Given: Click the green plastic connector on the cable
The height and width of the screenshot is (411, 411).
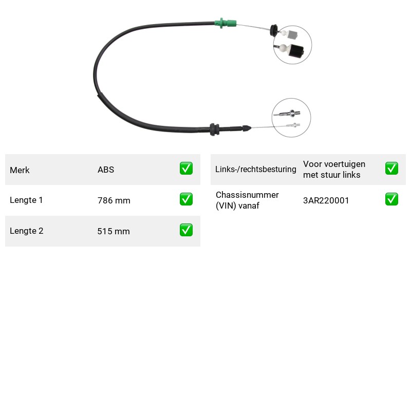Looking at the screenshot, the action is point(225,23).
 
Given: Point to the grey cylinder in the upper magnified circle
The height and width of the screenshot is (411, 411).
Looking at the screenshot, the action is point(293,34).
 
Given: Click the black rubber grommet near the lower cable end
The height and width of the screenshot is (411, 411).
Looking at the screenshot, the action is point(214,129).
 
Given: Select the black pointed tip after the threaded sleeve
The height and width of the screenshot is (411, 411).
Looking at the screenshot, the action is point(247,128).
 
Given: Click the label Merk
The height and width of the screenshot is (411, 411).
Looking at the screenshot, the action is point(20,170).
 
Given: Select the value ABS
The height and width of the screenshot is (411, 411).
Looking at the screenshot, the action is point(106,170).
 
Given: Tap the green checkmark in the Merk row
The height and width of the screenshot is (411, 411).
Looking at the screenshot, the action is point(186,169).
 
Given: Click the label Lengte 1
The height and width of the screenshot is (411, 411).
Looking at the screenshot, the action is point(26,200).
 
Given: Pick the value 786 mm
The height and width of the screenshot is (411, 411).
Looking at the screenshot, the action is point(114,200).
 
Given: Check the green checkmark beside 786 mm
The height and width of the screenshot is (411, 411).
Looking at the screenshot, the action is point(186,199).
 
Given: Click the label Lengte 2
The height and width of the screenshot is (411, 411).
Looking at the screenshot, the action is point(27,231).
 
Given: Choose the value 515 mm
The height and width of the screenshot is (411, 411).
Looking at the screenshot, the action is point(114,231).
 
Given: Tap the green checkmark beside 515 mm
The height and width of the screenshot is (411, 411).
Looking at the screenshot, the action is point(186,230).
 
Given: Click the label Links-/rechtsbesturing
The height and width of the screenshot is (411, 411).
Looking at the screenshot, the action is point(256,170).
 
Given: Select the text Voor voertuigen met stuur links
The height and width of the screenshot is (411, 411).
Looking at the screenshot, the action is point(334,170).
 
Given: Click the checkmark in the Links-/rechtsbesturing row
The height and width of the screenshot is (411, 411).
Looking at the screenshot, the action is point(391,169).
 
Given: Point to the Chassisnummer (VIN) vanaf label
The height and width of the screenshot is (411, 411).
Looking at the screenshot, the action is point(247,200).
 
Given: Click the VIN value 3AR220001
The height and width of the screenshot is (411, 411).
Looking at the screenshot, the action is point(326,200).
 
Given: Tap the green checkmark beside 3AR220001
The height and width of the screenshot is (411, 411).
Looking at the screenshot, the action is point(391,199).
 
